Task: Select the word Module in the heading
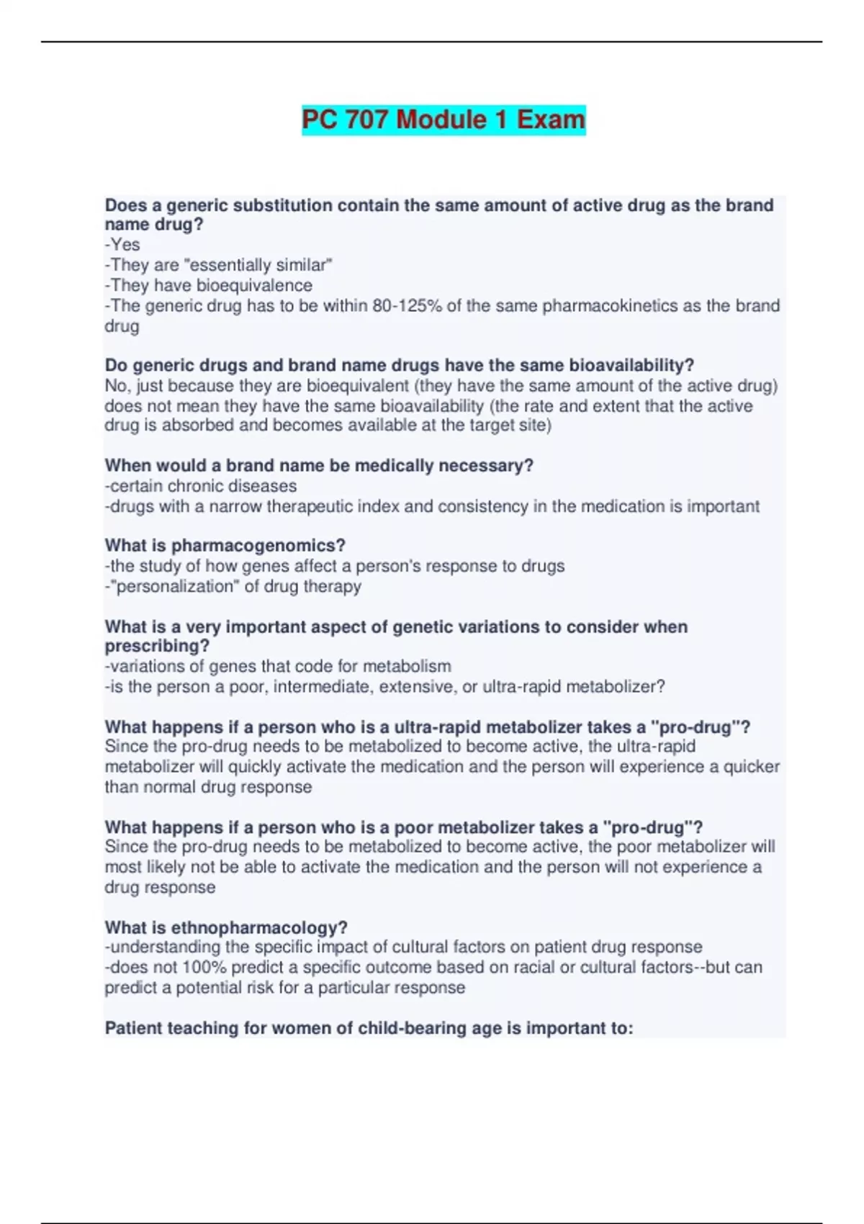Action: tap(441, 120)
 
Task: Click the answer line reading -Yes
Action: tap(122, 245)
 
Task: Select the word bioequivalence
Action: tap(254, 286)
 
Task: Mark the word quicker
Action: tap(752, 767)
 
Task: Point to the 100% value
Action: tap(204, 968)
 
